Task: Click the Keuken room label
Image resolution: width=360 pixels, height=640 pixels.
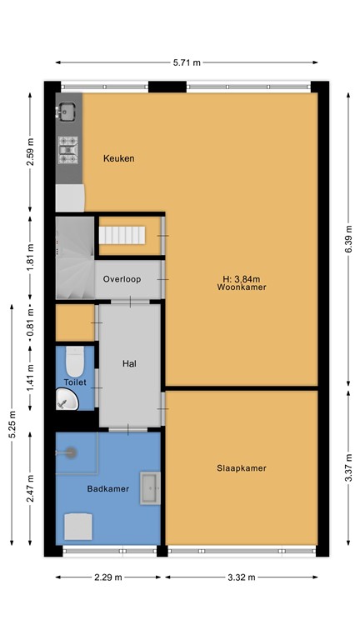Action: coord(118,158)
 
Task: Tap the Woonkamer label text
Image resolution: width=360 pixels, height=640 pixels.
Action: coord(235,288)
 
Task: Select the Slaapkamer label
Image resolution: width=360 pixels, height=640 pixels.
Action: coord(241,468)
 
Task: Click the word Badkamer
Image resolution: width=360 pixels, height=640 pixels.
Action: coord(108,489)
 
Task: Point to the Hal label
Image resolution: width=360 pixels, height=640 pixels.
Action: coord(129,363)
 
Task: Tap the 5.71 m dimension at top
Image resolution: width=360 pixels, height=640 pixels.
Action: coord(187,62)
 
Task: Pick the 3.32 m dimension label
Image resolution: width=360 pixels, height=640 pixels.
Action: coord(241,577)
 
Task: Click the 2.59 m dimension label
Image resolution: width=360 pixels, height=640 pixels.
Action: coord(31,153)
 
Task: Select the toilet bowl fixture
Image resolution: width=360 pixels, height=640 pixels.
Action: coord(75,362)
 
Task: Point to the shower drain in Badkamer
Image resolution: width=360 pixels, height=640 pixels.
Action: coord(72,452)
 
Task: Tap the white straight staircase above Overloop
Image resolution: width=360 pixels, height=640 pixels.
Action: coord(122,236)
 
